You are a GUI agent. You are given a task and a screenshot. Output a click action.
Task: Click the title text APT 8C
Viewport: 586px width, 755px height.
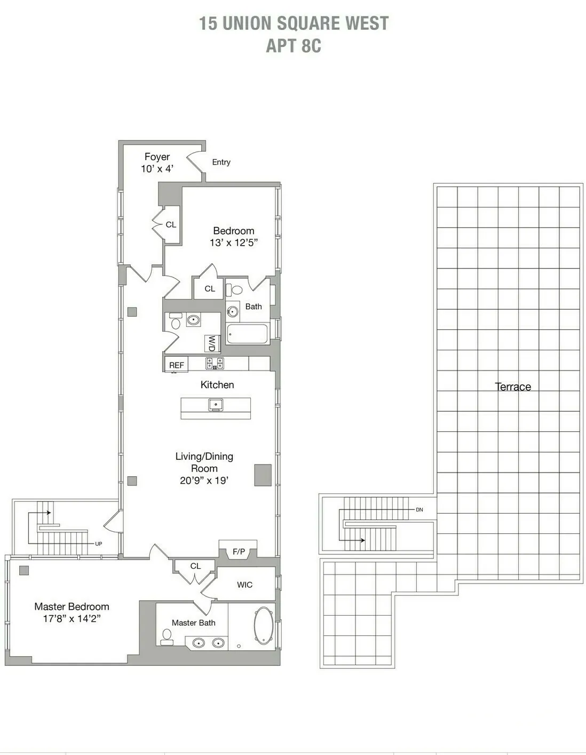pyautogui.click(x=294, y=46)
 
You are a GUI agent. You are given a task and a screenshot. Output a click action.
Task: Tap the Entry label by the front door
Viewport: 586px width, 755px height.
pyautogui.click(x=221, y=162)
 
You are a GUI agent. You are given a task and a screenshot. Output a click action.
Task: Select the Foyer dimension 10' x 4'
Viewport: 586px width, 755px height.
pyautogui.click(x=157, y=169)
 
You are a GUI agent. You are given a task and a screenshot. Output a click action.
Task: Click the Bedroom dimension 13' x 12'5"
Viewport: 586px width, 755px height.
pyautogui.click(x=233, y=242)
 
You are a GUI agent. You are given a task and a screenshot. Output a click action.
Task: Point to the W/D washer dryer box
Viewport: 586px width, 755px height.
pyautogui.click(x=212, y=343)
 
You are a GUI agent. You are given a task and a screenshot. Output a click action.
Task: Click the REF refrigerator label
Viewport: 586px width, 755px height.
pyautogui.click(x=176, y=365)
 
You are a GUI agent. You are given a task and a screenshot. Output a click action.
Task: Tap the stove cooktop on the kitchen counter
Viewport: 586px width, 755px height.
pyautogui.click(x=215, y=364)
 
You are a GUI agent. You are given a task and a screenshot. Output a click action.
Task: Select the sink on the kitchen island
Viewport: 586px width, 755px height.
pyautogui.click(x=216, y=405)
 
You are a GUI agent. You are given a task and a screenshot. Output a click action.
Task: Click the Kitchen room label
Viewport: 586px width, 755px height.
pyautogui.click(x=217, y=384)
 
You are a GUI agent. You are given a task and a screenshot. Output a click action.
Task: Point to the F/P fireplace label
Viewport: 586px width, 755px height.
pyautogui.click(x=239, y=552)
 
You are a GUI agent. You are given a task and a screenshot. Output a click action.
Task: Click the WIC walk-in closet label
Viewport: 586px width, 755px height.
pyautogui.click(x=244, y=585)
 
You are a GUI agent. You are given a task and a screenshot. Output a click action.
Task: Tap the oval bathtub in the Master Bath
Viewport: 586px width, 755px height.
pyautogui.click(x=263, y=625)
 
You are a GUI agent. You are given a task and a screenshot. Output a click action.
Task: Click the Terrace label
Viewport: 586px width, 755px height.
pyautogui.click(x=512, y=387)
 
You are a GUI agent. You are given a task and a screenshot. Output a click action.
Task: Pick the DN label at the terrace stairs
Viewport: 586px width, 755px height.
pyautogui.click(x=419, y=510)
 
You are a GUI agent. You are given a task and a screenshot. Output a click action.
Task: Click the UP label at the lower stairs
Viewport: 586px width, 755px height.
pyautogui.click(x=98, y=544)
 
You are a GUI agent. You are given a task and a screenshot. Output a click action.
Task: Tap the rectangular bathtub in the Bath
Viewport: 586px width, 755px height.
pyautogui.click(x=247, y=334)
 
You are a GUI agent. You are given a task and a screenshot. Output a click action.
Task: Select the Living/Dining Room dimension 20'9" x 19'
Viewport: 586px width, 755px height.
pyautogui.click(x=204, y=481)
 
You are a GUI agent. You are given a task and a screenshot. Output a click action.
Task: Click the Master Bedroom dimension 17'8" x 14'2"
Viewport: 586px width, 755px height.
pyautogui.click(x=72, y=619)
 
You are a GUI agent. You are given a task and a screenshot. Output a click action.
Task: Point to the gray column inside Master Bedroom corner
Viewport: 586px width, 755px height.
pyautogui.click(x=24, y=570)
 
